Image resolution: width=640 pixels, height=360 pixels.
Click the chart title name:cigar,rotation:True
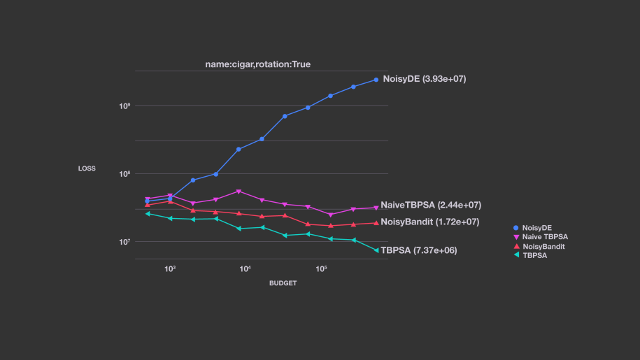(257, 64)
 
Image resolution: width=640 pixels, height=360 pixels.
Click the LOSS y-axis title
(87, 168)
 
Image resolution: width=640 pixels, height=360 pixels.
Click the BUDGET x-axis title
(283, 283)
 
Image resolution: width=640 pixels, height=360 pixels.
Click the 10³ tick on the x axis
(169, 268)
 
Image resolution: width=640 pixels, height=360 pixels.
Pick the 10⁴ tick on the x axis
(246, 268)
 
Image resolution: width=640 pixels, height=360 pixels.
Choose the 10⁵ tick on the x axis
(321, 268)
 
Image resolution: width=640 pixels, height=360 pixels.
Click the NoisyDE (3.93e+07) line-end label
(424, 79)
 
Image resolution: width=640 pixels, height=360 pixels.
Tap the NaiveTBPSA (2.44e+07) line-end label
(430, 205)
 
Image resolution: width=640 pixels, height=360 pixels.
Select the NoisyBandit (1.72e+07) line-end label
(429, 222)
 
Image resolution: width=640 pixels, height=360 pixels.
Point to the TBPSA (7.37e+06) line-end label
(418, 250)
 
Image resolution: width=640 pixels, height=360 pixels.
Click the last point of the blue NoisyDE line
(376, 80)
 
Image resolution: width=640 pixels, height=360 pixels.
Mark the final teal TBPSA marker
(376, 250)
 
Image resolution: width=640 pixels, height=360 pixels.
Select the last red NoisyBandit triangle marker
(376, 222)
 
